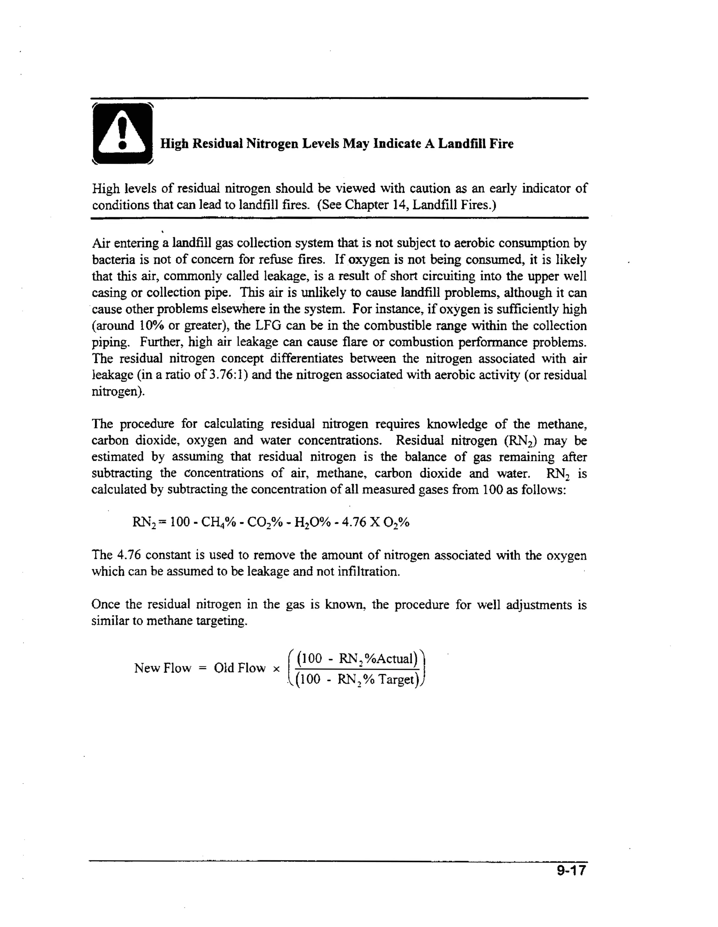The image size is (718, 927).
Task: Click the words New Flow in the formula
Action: click(x=163, y=668)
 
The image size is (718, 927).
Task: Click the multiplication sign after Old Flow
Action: click(x=276, y=669)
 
